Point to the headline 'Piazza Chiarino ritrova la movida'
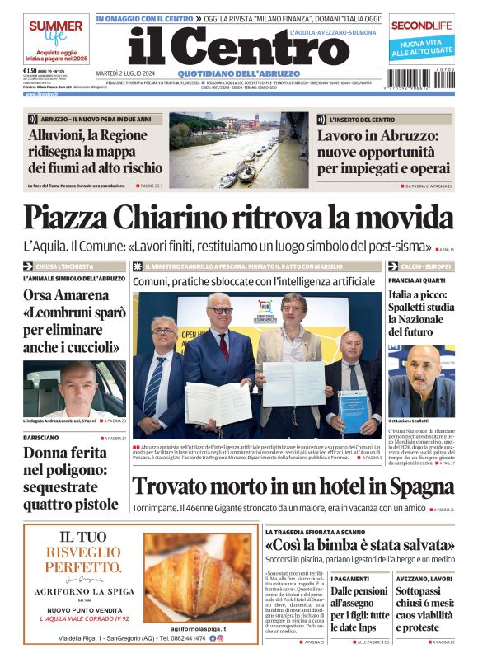click(x=237, y=217)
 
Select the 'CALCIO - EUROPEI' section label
click(x=426, y=266)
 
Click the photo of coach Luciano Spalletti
click(x=421, y=380)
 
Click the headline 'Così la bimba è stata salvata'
click(x=358, y=546)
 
